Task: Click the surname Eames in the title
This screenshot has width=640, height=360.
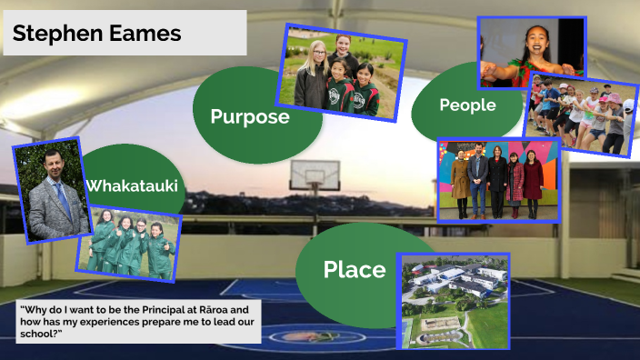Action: pyautogui.click(x=147, y=35)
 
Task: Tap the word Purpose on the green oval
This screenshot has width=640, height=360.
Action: pyautogui.click(x=250, y=116)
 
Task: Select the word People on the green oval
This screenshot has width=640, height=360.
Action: pyautogui.click(x=467, y=105)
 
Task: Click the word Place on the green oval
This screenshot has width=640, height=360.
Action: pyautogui.click(x=355, y=270)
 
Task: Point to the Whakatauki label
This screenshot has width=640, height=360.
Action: pyautogui.click(x=131, y=186)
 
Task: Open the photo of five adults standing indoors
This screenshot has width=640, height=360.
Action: pyautogui.click(x=498, y=180)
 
